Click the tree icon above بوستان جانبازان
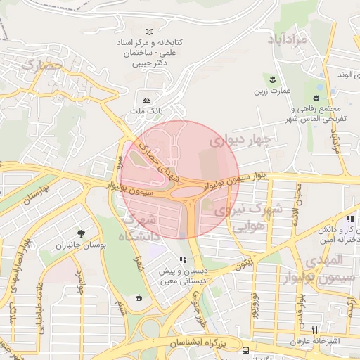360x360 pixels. click(x=83, y=233)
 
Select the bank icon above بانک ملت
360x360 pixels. click(x=146, y=100)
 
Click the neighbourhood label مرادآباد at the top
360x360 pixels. click(x=288, y=39)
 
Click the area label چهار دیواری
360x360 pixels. click(x=240, y=140)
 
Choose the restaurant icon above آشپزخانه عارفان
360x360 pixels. click(x=315, y=330)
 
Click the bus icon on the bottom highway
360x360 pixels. click(x=245, y=350)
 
